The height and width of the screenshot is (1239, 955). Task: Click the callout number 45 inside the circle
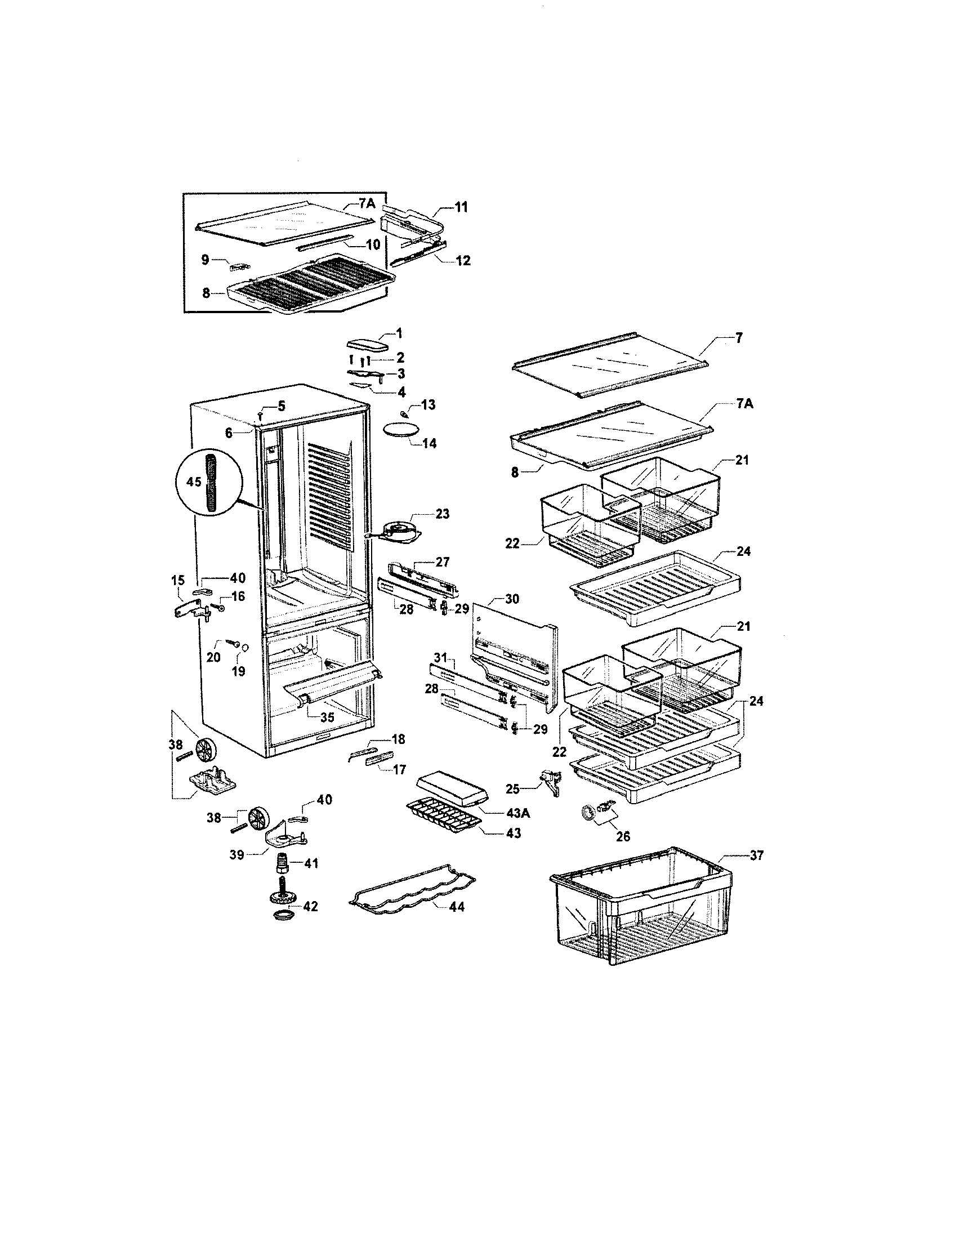coord(193,482)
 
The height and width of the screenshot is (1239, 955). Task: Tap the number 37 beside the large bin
coord(757,855)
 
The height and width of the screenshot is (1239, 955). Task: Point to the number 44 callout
coord(456,907)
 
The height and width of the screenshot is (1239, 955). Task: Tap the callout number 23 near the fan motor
coord(443,514)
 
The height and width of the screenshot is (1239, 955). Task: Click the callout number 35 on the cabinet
coord(327,717)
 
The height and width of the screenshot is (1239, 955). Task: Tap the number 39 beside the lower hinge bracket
coord(236,854)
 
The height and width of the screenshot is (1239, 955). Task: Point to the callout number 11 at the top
coord(462,208)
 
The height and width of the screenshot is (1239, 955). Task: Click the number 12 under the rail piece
coord(463,261)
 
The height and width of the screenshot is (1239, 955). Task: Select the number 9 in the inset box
coord(206,260)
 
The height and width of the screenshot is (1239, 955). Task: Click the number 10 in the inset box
coord(372,245)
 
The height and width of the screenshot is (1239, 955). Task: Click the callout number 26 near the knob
coord(623,837)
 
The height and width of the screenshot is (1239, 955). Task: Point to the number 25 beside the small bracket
coord(512,788)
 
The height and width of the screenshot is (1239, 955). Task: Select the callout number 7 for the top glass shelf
coord(738,338)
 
